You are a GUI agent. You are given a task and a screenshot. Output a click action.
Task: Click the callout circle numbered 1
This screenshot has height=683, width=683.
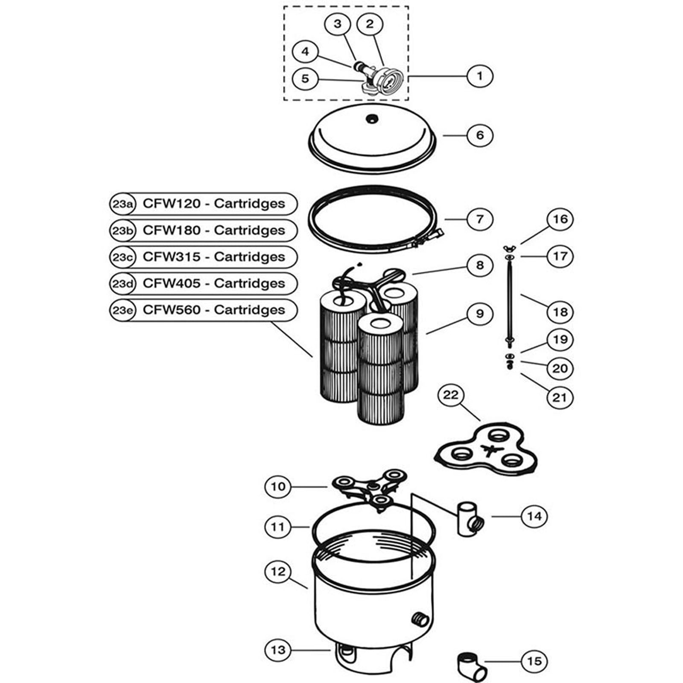click(x=480, y=76)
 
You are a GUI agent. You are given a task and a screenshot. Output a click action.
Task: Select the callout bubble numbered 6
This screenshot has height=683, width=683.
click(x=480, y=135)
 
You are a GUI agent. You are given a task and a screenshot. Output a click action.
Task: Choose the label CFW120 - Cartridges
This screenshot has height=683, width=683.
click(x=213, y=204)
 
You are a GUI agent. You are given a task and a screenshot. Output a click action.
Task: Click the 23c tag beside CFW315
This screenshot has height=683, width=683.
click(x=122, y=257)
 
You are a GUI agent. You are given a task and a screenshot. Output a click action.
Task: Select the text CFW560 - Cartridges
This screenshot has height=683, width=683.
click(x=213, y=310)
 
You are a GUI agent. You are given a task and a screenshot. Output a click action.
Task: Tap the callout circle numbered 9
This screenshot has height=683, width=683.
click(x=480, y=314)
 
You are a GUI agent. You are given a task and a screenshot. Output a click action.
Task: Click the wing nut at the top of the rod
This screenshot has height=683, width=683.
click(x=510, y=247)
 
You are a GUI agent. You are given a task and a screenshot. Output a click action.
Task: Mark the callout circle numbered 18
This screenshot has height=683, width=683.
click(x=560, y=312)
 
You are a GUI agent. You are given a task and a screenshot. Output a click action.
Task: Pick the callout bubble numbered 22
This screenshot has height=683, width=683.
click(x=451, y=395)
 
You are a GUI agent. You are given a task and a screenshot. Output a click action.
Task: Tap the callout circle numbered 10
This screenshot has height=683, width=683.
click(x=278, y=486)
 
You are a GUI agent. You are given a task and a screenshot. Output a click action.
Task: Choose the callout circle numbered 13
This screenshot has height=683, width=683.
click(x=278, y=650)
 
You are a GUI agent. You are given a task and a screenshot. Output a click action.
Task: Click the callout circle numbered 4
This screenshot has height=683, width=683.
click(x=305, y=52)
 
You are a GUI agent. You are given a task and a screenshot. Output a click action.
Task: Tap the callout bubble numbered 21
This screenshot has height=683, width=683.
click(x=560, y=397)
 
